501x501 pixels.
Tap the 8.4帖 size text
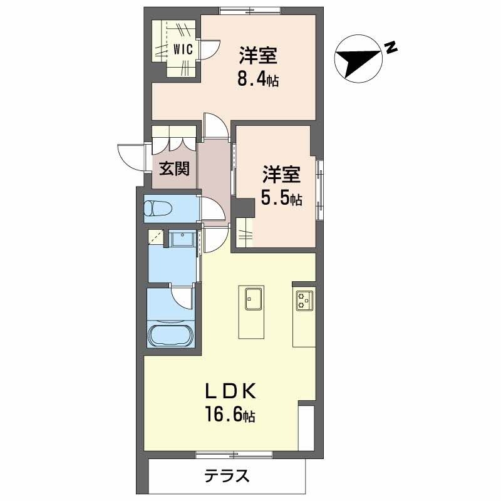click(x=257, y=79)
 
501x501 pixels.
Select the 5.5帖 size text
click(x=281, y=199)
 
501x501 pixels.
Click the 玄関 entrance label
click(x=173, y=169)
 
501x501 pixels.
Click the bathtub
click(x=171, y=335)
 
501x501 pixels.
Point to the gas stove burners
click(x=304, y=301)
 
